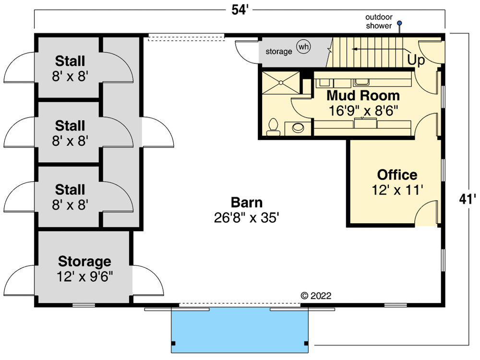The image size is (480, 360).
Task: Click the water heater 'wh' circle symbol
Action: point(303,47)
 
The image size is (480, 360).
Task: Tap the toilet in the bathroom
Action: point(273,126)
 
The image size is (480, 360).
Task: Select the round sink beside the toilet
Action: point(299,128)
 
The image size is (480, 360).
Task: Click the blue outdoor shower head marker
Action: point(399,23)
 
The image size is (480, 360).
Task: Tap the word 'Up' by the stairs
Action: point(416,60)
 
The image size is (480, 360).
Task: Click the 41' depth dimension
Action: point(466,199)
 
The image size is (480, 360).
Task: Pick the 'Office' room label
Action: point(397,175)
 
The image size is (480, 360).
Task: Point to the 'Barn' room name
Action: point(247,202)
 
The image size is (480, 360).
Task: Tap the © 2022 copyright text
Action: point(316,296)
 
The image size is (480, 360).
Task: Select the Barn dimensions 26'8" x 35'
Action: point(247,218)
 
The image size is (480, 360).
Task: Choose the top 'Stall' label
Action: point(70,61)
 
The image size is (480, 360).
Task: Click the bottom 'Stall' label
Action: point(70,190)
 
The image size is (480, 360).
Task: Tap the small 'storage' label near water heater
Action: point(279,51)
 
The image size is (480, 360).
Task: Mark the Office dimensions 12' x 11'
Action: point(397,190)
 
